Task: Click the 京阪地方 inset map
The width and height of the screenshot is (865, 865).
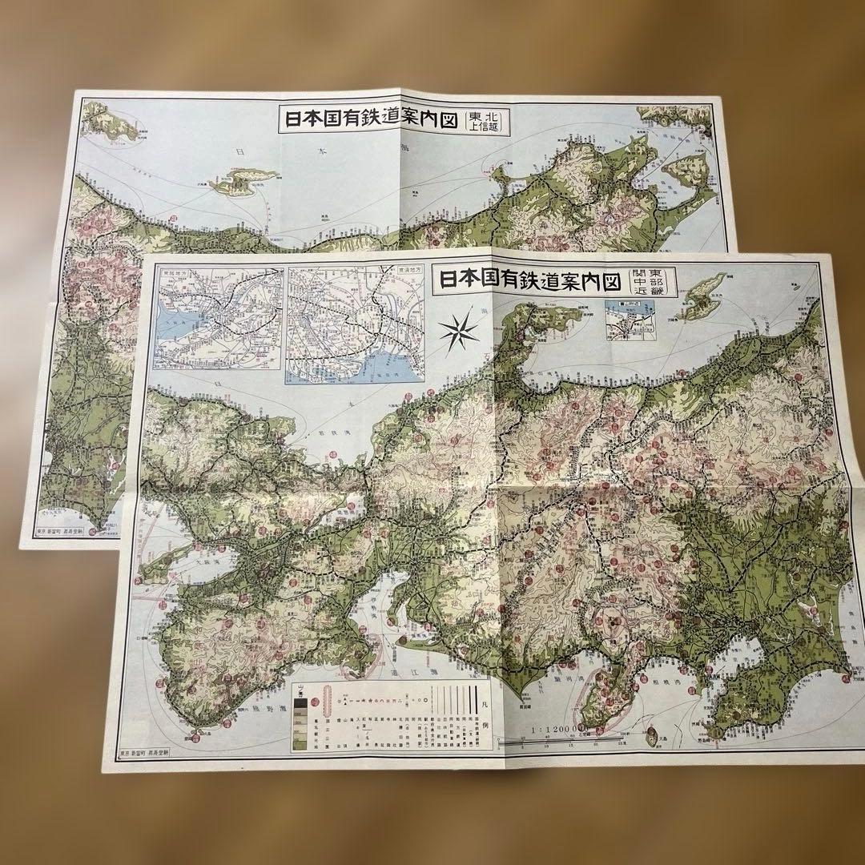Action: tap(219, 317)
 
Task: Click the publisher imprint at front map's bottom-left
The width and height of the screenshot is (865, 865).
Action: tap(152, 753)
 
